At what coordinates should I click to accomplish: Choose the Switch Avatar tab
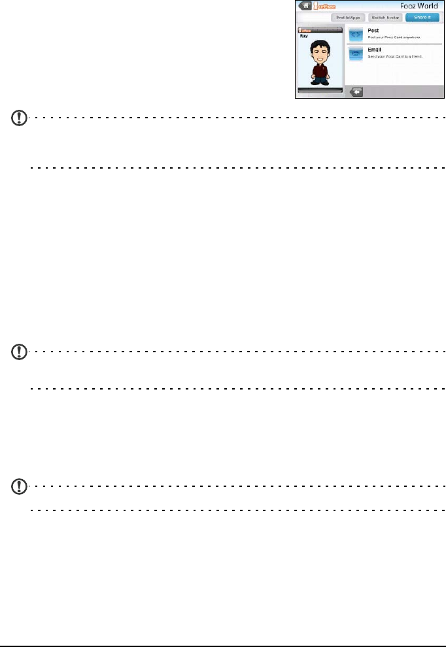[384, 18]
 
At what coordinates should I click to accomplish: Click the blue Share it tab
[421, 18]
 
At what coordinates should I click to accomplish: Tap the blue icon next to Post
[356, 34]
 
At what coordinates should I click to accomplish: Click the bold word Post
[374, 31]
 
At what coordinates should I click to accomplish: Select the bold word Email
[375, 50]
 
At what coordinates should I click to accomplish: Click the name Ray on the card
[303, 37]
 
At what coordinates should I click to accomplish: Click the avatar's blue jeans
[320, 80]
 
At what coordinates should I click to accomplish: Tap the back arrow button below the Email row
[356, 92]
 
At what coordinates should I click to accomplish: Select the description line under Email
[395, 58]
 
